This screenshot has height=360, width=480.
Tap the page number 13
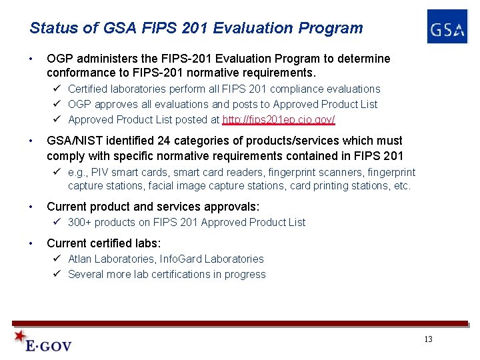[428, 339]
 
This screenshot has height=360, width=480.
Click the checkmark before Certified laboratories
[58, 89]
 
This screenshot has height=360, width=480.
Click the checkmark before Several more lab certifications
[58, 274]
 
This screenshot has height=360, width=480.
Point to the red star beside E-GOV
[20, 335]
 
